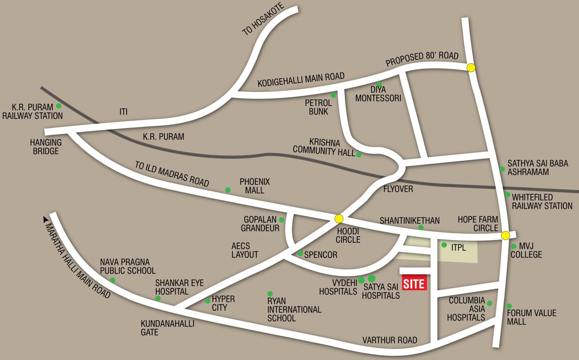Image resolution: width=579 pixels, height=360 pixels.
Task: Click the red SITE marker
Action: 414,283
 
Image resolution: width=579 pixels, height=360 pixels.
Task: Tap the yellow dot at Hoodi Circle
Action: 339,218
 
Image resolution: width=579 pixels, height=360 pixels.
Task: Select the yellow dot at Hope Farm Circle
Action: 505,235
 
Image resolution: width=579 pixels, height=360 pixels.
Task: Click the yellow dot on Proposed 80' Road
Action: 471,67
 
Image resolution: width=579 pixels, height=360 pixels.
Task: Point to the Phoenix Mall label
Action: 254,186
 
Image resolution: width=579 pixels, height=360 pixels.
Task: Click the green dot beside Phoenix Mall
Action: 228,190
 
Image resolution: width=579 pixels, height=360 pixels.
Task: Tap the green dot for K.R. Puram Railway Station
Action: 59,106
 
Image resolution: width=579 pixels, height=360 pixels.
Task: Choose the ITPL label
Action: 458,247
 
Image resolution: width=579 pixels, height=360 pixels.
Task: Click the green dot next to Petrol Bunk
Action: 333,95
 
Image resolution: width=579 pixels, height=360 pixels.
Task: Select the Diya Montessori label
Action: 378,94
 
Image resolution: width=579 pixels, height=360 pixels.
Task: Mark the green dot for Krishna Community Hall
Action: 359,154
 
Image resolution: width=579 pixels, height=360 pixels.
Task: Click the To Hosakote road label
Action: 263,21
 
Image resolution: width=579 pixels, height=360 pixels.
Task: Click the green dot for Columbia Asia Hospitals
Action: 490,303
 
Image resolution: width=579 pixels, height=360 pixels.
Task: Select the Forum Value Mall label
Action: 531,317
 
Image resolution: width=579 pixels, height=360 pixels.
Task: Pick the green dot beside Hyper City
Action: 208,300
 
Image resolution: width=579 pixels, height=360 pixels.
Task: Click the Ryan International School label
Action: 294,309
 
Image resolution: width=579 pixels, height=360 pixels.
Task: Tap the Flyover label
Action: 398,189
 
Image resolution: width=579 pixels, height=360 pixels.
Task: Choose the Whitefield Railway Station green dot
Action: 507,194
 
